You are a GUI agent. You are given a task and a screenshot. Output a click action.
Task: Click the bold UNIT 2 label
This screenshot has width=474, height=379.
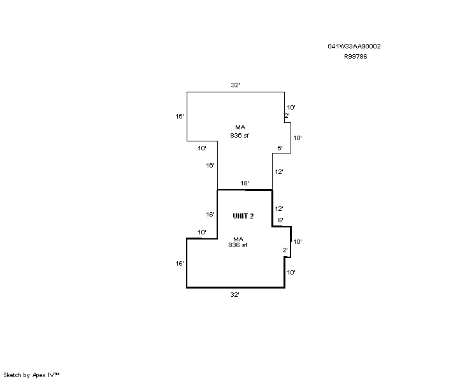coord(243,216)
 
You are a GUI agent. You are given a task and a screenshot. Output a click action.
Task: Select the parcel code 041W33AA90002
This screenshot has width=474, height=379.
coord(354,46)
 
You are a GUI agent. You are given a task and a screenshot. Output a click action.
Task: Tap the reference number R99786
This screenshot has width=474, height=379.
coord(355,57)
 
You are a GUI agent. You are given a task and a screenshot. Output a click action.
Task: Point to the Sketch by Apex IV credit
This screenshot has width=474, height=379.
coord(31,375)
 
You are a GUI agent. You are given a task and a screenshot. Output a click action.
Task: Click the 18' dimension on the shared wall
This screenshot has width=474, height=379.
coord(244,183)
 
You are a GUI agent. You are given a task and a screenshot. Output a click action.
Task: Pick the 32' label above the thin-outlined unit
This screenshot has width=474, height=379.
coord(235,85)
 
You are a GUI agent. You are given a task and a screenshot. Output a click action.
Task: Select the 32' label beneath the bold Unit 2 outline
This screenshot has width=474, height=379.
coord(234,295)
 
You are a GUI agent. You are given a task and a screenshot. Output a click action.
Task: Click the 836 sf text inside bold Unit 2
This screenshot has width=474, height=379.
coord(238,245)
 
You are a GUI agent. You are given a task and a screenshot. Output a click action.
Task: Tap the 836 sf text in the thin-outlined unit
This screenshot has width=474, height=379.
coord(240,136)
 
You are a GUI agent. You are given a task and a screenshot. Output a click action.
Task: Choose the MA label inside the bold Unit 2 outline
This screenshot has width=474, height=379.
coord(238,240)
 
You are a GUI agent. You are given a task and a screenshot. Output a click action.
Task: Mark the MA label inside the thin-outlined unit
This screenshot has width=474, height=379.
coord(240,127)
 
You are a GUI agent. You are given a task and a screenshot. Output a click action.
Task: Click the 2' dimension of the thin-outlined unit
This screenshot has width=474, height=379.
coord(287,115)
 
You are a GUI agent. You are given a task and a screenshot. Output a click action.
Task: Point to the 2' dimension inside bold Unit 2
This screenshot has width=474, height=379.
coord(285,250)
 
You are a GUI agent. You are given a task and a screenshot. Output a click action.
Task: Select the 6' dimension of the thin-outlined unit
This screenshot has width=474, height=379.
coord(280,148)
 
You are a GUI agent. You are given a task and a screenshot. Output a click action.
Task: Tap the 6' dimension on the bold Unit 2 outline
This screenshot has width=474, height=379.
coord(280,220)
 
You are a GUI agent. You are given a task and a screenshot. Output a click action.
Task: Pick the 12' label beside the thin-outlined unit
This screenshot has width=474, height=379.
coord(278,172)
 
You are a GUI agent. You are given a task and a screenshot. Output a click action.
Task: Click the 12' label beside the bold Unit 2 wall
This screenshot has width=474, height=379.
coord(278,208)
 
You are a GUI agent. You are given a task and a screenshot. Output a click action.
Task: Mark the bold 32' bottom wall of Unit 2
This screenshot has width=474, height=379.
coord(236,287)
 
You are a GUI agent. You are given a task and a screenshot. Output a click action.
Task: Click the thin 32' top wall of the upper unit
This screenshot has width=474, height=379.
coord(236,92)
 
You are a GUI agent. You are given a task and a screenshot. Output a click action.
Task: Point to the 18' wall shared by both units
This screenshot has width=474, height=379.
coord(245,190)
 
